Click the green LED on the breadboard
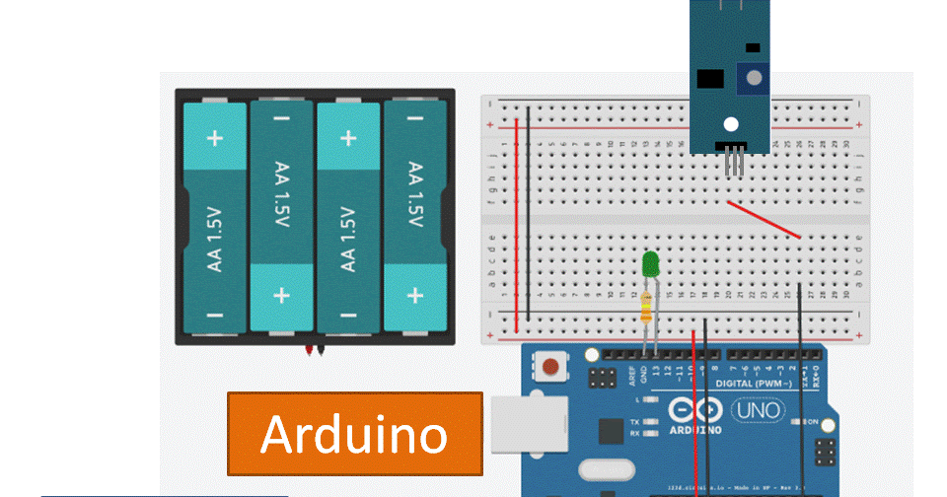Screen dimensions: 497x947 pyautogui.click(x=650, y=263)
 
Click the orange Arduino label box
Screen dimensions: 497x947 pyautogui.click(x=355, y=433)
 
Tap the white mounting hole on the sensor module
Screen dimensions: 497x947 pyautogui.click(x=731, y=124)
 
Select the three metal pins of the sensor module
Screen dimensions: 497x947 pyautogui.click(x=733, y=161)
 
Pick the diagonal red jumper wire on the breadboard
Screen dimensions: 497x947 pyautogui.click(x=764, y=220)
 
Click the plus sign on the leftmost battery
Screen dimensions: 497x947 pyautogui.click(x=214, y=138)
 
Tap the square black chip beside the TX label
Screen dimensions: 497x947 pyautogui.click(x=611, y=431)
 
